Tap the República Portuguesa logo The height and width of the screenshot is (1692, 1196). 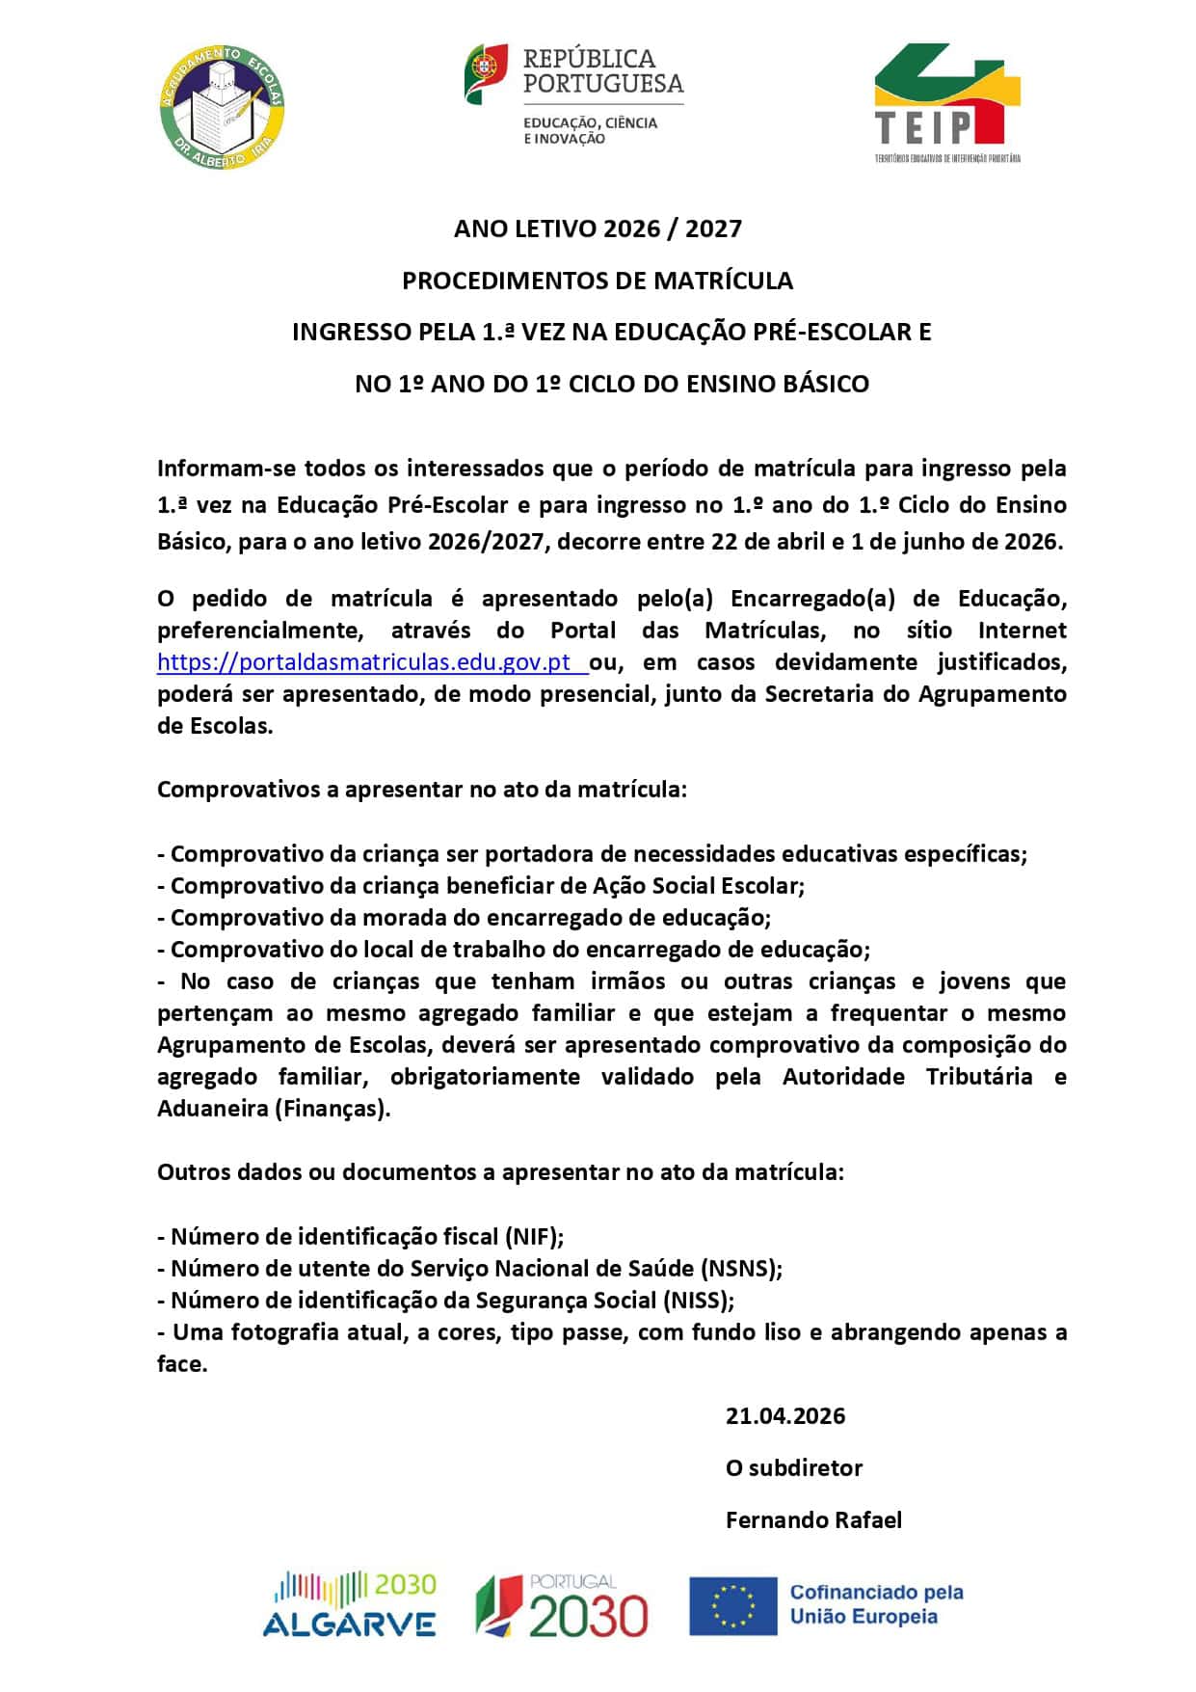pos(574,95)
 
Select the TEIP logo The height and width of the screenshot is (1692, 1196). pos(946,102)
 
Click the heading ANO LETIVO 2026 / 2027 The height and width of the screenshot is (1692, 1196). pos(598,228)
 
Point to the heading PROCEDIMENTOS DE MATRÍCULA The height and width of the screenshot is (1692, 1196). pos(598,281)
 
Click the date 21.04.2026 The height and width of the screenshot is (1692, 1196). pos(785,1416)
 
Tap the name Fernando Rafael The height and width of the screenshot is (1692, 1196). pos(813,1520)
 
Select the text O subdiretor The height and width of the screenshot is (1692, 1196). pos(794,1468)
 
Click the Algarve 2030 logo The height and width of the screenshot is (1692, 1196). pos(350,1605)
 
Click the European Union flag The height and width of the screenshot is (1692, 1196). pos(732,1606)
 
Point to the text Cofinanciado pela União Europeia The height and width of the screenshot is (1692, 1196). pos(876,1605)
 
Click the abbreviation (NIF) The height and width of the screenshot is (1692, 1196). pos(535,1237)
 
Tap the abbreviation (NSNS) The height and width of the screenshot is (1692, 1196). pos(740,1269)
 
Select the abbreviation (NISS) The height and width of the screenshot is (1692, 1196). pos(698,1301)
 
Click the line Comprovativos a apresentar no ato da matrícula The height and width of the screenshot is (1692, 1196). pos(422,790)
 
